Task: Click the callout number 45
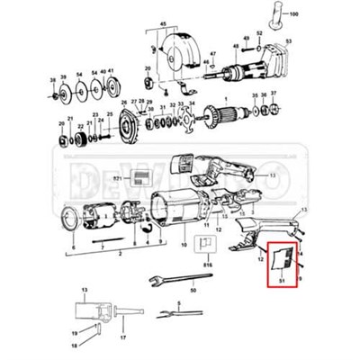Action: [163, 22]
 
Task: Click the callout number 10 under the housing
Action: [184, 244]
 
